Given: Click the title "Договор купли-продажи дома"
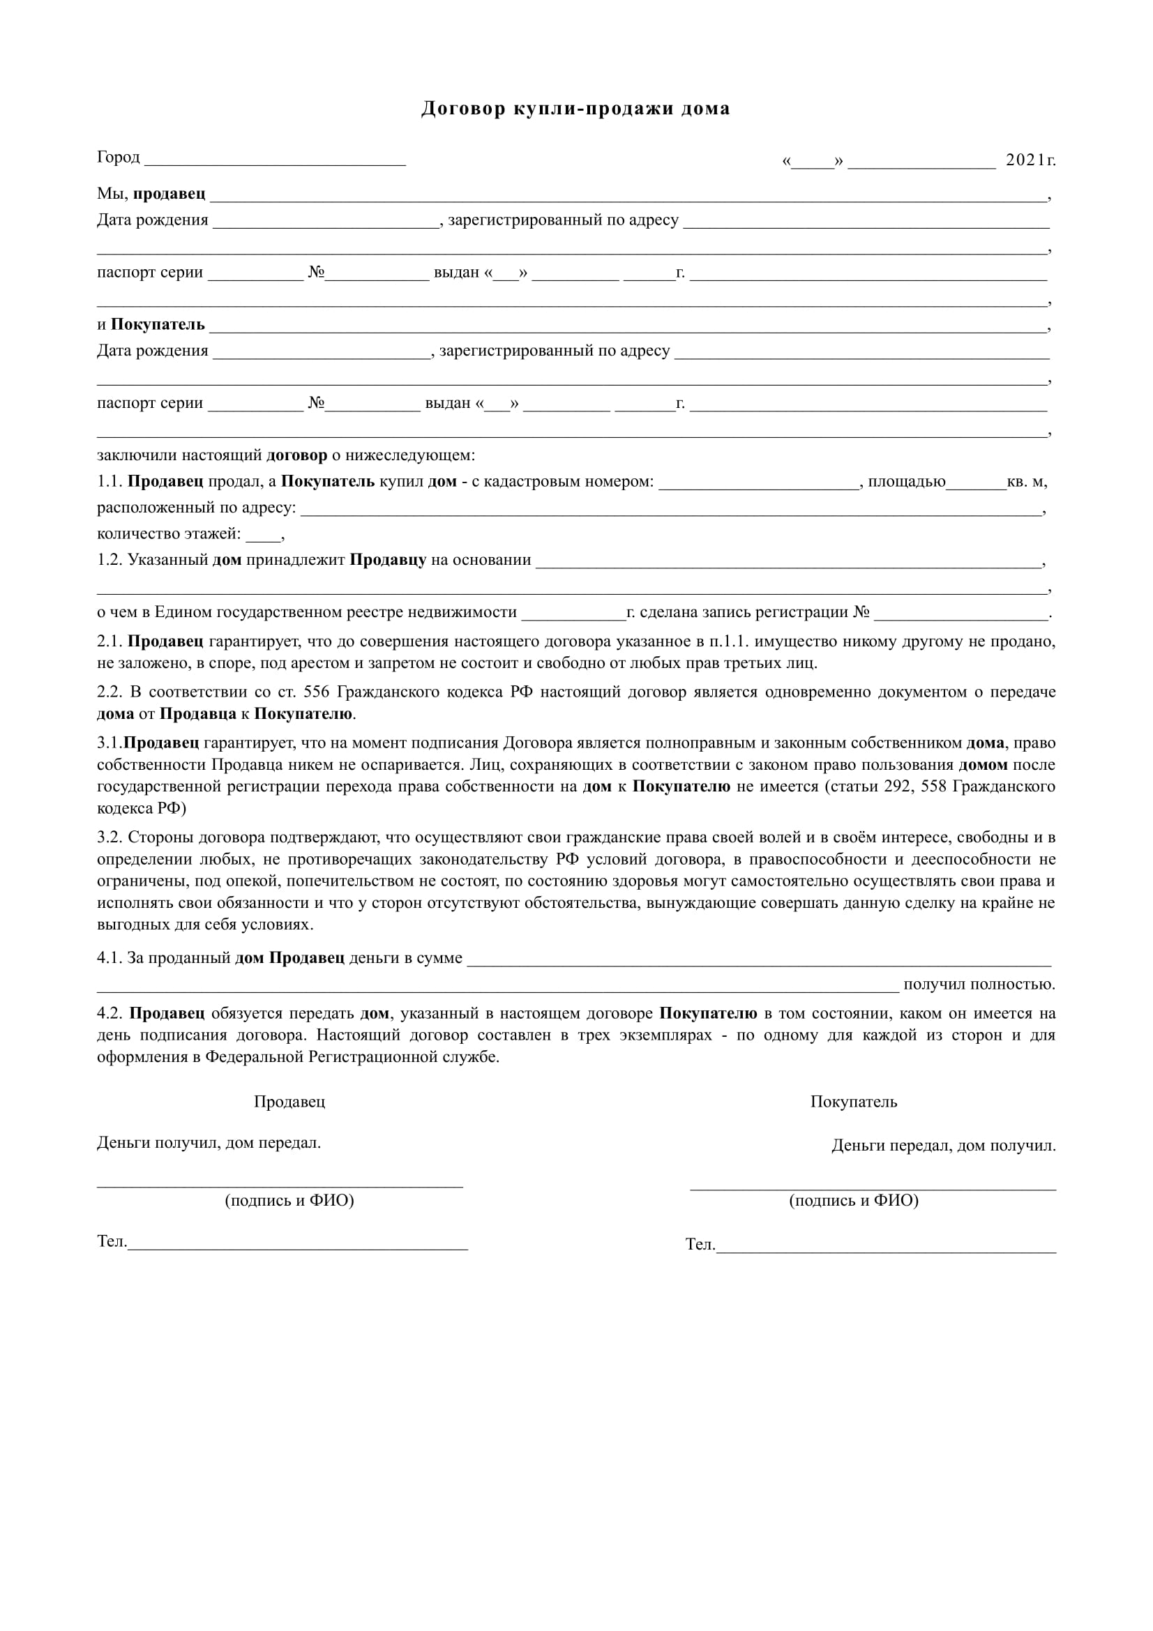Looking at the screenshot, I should [575, 109].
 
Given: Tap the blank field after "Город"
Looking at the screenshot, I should [275, 159].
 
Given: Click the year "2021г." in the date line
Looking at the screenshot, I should [1030, 160].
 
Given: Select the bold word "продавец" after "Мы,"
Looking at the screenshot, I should [169, 194].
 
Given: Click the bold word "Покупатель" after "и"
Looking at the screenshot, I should [158, 325].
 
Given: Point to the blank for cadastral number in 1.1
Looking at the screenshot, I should [759, 483].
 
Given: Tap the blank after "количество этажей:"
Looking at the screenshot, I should [263, 536].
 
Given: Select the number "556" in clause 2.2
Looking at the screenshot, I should [315, 692].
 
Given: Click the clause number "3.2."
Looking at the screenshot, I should [110, 837].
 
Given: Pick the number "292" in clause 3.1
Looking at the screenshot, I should [897, 787].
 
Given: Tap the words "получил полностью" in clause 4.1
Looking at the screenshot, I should [979, 985].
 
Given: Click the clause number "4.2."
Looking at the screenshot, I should [110, 1014].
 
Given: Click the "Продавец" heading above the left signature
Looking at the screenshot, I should [289, 1102].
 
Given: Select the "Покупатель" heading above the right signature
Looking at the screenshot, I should [853, 1102].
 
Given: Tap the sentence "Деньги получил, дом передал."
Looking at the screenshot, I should [209, 1143].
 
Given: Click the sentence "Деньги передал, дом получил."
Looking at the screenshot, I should [944, 1146].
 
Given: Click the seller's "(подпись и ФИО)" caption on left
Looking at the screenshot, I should [289, 1201].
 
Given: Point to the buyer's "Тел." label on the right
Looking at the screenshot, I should [699, 1244].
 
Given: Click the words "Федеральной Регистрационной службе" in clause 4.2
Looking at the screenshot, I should [352, 1057].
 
